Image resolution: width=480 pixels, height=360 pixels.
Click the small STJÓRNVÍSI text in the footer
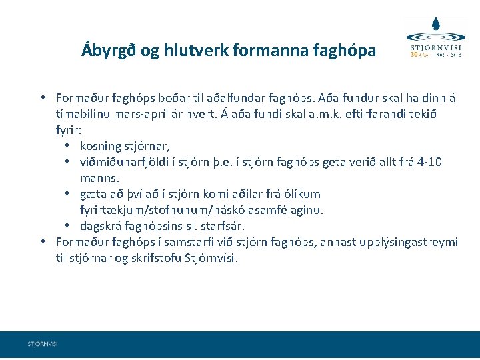42,344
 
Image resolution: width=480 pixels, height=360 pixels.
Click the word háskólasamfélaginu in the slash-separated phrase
276,210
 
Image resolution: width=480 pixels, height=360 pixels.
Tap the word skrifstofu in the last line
155,258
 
